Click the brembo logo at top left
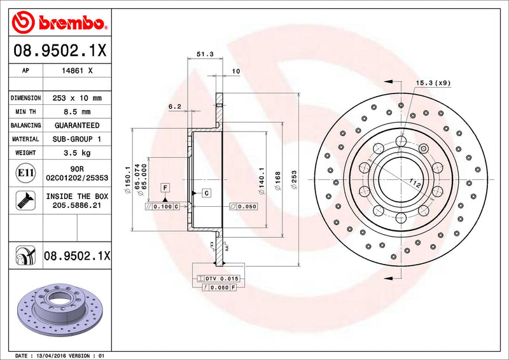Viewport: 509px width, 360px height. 59,24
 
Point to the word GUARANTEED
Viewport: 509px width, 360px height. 77,125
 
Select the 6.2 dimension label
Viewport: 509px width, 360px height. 176,107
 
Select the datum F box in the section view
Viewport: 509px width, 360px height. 165,188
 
